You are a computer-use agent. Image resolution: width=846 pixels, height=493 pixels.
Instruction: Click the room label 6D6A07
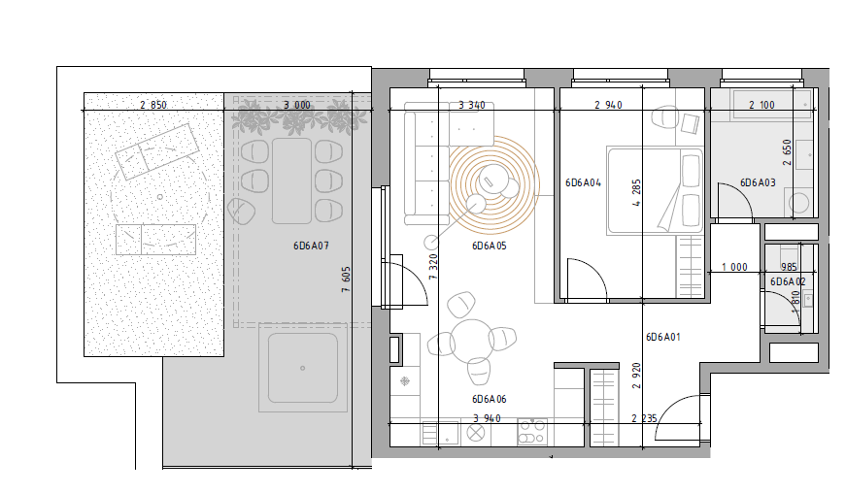click(x=311, y=246)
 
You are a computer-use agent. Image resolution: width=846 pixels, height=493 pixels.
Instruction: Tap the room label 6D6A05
click(x=490, y=246)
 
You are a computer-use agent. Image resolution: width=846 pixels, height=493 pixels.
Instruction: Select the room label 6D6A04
click(x=583, y=182)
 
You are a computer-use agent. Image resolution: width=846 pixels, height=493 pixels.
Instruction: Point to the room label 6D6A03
click(x=758, y=182)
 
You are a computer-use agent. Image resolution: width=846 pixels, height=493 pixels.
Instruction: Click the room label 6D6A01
click(x=663, y=338)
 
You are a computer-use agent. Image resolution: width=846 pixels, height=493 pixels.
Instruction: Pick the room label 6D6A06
click(x=490, y=399)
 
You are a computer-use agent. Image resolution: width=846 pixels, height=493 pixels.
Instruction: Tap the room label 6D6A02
click(x=788, y=281)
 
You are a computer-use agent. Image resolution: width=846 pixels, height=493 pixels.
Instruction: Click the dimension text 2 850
click(x=153, y=105)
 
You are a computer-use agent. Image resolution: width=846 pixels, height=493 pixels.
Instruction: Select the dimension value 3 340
click(x=471, y=105)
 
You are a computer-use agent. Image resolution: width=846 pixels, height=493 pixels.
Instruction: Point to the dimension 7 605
click(x=346, y=279)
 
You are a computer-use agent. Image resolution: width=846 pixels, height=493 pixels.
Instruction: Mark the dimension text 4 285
click(x=636, y=193)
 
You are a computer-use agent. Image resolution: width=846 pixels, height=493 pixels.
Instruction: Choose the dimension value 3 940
click(x=487, y=418)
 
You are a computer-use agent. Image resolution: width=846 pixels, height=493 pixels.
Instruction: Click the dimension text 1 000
click(x=734, y=267)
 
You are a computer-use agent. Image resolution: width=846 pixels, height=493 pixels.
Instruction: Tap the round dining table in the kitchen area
click(x=471, y=342)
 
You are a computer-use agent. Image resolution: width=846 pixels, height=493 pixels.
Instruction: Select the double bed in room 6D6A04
click(x=655, y=190)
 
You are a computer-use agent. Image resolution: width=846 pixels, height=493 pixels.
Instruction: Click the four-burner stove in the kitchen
click(x=532, y=432)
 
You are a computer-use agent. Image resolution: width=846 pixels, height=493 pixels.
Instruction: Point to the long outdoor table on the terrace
click(x=291, y=181)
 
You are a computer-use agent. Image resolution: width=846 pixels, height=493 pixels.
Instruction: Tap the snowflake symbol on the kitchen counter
click(x=404, y=381)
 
